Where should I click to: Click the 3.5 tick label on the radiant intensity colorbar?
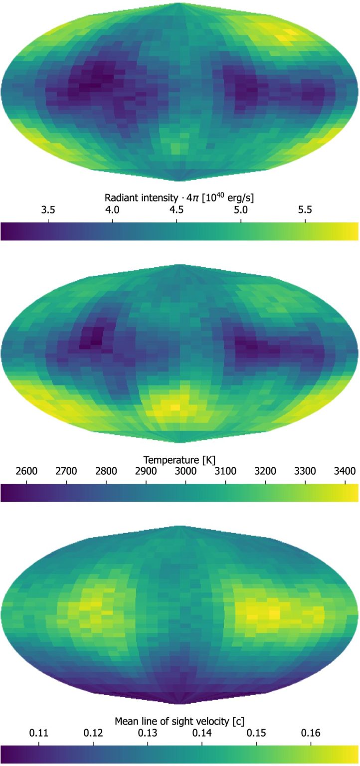[x=48, y=210]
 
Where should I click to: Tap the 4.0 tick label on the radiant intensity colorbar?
[x=113, y=210]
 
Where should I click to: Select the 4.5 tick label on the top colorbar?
[x=177, y=210]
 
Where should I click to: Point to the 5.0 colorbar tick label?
[x=241, y=210]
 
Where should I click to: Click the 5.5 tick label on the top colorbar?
[x=306, y=210]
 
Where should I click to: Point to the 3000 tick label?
[x=185, y=471]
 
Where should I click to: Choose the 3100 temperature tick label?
[x=225, y=471]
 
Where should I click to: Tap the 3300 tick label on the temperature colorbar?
[x=305, y=471]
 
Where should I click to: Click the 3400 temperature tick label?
[x=345, y=471]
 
